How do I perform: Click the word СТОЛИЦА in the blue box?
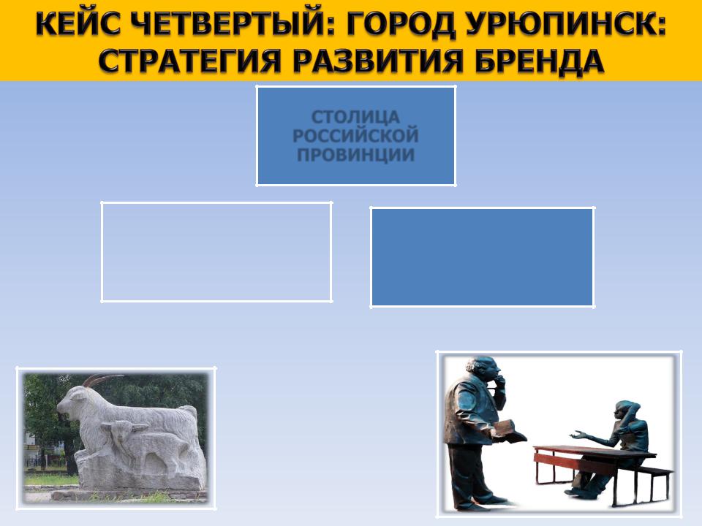[x=355, y=117]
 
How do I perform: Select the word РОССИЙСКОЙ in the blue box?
[x=355, y=136]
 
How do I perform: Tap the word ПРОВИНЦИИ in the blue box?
[x=355, y=155]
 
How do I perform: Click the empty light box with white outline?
[x=102, y=252]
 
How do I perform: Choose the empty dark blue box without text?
[x=483, y=257]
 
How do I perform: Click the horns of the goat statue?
[x=102, y=380]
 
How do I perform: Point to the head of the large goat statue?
[x=72, y=400]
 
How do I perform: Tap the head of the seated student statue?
[x=629, y=412]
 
